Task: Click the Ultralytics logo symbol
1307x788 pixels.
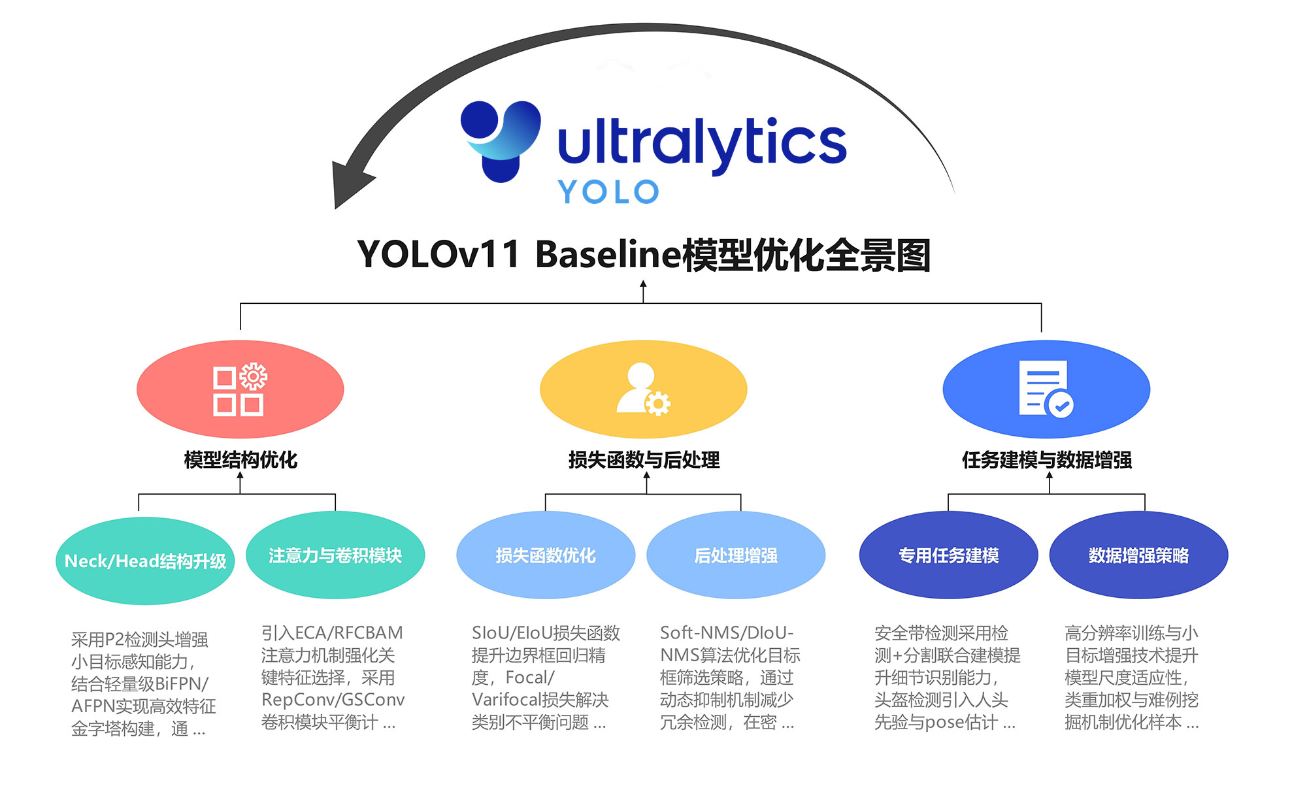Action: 501,140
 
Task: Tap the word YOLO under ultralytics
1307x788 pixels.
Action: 608,192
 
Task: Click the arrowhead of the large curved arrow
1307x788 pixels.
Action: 350,184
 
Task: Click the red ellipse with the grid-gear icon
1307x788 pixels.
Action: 240,389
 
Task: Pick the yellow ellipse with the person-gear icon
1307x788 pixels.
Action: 643,389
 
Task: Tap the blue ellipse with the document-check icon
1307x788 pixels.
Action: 1046,389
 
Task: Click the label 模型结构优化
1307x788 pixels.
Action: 240,460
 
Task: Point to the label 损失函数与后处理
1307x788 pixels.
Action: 644,460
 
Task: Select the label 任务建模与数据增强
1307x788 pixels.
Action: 1047,460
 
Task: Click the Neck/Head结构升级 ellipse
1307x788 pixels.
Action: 145,561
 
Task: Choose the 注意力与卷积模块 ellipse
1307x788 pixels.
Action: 335,555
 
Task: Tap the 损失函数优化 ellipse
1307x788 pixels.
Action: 546,555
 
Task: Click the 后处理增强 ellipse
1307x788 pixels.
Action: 736,555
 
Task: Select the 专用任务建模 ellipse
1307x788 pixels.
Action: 948,555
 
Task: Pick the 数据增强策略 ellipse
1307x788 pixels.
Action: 1138,555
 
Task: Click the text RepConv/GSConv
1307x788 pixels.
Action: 333,700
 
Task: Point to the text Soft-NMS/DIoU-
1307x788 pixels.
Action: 727,633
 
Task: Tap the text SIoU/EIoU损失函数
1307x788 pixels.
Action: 546,633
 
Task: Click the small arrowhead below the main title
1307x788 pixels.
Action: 643,284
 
